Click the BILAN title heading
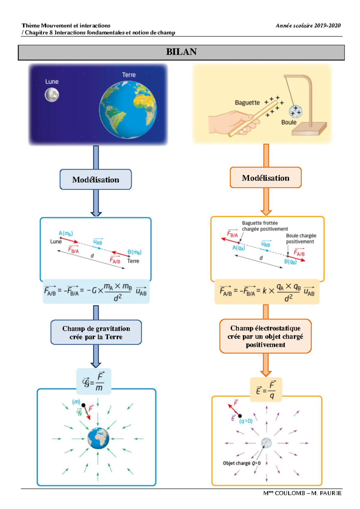pyautogui.click(x=181, y=52)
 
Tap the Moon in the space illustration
pyautogui.click(x=52, y=95)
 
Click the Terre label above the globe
pyautogui.click(x=129, y=75)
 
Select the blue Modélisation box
pyautogui.click(x=96, y=179)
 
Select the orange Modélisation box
pyautogui.click(x=265, y=178)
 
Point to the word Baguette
pyautogui.click(x=247, y=103)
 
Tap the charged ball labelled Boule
pyautogui.click(x=295, y=112)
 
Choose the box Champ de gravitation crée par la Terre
pyautogui.click(x=96, y=333)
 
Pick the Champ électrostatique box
pyautogui.click(x=265, y=336)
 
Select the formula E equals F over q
pyautogui.click(x=266, y=390)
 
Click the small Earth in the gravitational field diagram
pyautogui.click(x=98, y=438)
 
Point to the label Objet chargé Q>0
pyautogui.click(x=241, y=463)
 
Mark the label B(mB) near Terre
pyautogui.click(x=134, y=252)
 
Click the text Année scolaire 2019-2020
pyautogui.click(x=308, y=26)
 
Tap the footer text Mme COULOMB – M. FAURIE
pyautogui.click(x=302, y=493)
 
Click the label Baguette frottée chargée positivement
pyautogui.click(x=265, y=226)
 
